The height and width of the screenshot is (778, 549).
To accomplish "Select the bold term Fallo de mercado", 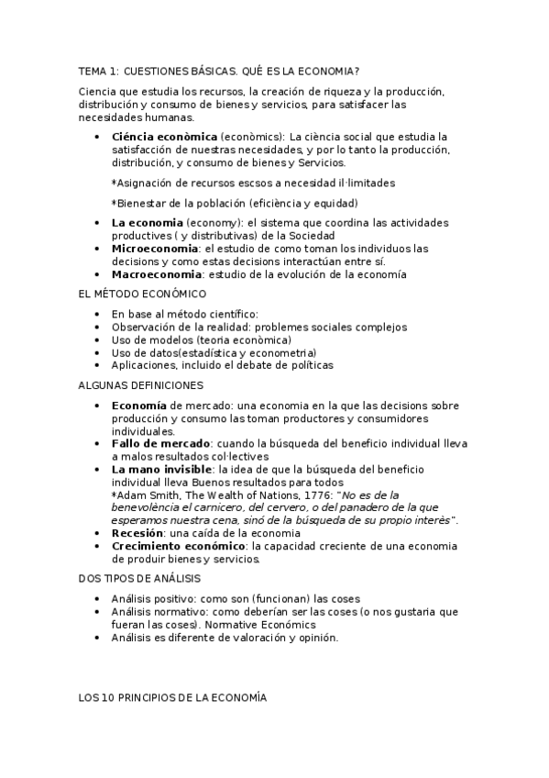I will tap(160, 443).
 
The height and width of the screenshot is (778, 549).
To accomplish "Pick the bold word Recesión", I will tap(137, 533).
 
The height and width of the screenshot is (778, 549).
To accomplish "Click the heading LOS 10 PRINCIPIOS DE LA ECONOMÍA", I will tap(172, 698).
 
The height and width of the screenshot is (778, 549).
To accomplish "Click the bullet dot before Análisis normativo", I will tap(98, 610).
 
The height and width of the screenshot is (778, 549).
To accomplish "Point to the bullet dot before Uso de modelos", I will tap(98, 339).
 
